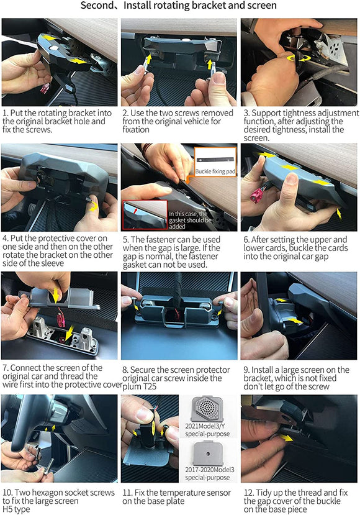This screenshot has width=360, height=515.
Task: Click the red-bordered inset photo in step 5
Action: tap(144, 215)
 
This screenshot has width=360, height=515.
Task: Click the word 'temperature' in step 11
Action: tap(172, 492)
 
